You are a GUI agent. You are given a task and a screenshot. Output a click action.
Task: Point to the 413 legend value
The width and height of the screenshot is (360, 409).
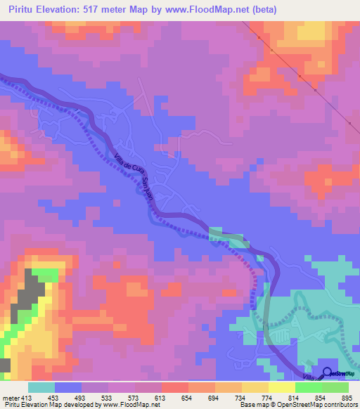[x=27, y=398]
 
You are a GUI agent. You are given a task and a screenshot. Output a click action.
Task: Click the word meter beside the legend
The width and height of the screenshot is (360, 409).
[x=11, y=398]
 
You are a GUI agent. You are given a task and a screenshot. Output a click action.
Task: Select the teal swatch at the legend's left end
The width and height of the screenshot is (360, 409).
[x=41, y=387]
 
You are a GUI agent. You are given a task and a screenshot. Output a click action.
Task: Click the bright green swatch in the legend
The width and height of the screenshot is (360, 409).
[x=309, y=387]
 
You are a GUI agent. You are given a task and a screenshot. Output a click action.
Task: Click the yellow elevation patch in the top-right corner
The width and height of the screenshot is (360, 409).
[x=309, y=32]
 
